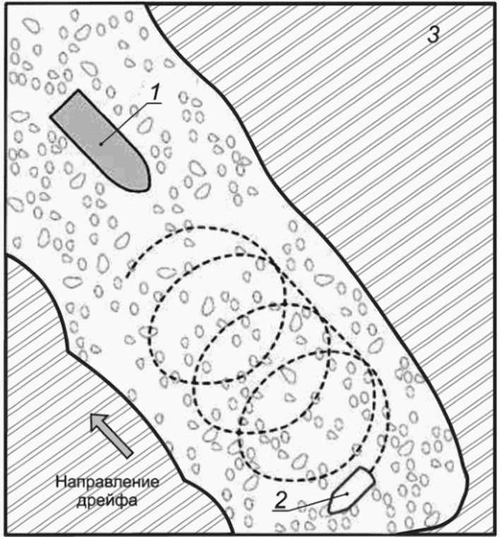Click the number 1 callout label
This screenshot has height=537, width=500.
pos(155,93)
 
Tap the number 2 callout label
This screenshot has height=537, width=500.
pos(280,501)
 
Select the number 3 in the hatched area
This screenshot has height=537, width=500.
pos(434,35)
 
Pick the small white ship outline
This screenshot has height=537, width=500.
pos(351,490)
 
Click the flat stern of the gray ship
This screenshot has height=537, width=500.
pos(64,103)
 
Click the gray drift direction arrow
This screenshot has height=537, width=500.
pos(111,436)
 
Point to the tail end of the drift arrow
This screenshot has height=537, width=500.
pos(129,454)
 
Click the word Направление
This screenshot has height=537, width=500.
pos(107,483)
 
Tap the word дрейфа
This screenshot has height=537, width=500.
pos(107,502)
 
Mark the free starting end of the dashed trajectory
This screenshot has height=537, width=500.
pos(126,277)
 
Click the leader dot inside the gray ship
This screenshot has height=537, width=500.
pos(100,144)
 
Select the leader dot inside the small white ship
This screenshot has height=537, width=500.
pos(347,494)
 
